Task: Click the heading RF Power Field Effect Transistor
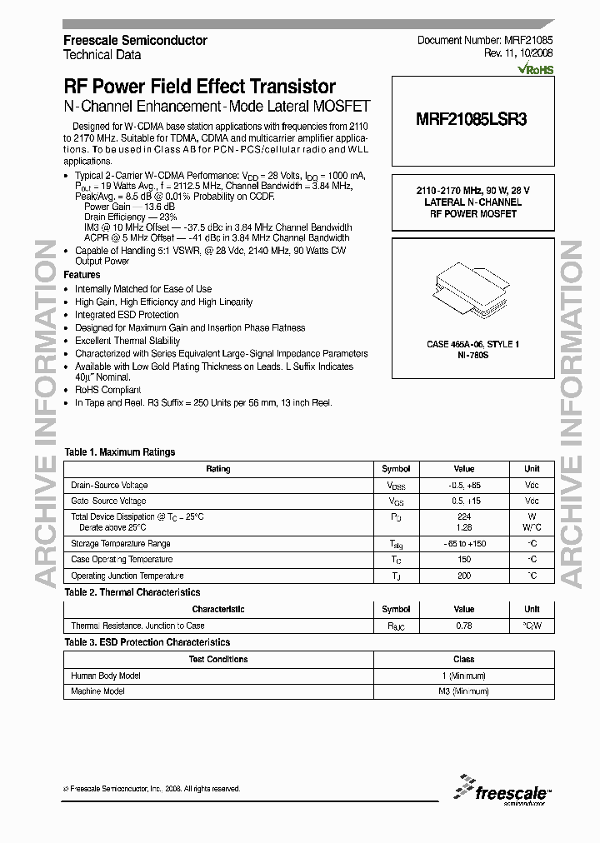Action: tap(200, 87)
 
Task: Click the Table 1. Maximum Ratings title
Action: tap(120, 452)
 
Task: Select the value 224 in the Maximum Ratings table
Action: tap(464, 517)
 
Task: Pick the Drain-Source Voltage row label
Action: tap(109, 485)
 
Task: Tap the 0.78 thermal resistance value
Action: tap(464, 626)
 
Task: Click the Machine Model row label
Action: tap(97, 691)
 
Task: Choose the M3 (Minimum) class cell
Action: tap(463, 691)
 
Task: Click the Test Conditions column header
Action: tap(218, 659)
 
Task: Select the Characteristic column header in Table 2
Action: tap(218, 609)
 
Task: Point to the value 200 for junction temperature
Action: tap(464, 576)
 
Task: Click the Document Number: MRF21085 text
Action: tap(485, 40)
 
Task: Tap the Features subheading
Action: tap(82, 275)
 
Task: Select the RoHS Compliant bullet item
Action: tap(108, 390)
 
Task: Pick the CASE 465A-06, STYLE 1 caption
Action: tap(472, 344)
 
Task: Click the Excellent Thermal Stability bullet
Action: tap(127, 341)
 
